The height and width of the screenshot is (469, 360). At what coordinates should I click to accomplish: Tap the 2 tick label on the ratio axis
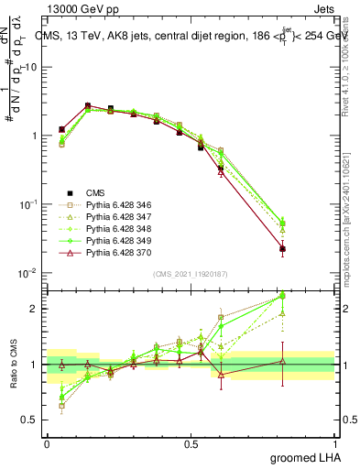[35, 309]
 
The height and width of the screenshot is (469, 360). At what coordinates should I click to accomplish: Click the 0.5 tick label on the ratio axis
[30, 420]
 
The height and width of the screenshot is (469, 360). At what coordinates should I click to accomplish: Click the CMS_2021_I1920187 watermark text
[190, 275]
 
